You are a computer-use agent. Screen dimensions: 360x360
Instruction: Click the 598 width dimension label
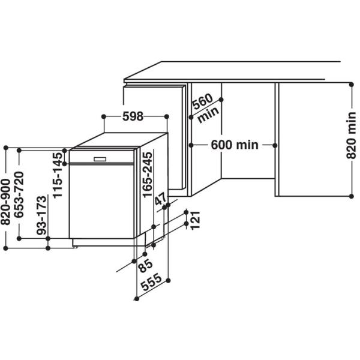pyautogui.click(x=133, y=117)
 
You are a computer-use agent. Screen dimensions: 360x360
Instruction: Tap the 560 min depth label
pyautogui.click(x=203, y=109)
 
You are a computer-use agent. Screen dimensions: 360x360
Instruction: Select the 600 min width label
pyautogui.click(x=234, y=145)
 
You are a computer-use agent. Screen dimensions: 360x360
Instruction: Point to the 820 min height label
pyautogui.click(x=352, y=139)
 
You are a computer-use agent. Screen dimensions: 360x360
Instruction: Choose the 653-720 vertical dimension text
pyautogui.click(x=20, y=197)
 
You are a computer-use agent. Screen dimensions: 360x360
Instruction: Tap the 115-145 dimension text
pyautogui.click(x=58, y=175)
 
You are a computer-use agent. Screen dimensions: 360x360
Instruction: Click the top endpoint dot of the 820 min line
pyautogui.click(x=352, y=83)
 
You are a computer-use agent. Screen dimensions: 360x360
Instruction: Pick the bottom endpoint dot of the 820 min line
pyautogui.click(x=352, y=195)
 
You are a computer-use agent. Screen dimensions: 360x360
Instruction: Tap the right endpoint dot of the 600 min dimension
pyautogui.click(x=275, y=145)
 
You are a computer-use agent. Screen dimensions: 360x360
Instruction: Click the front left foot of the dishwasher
pyautogui.click(x=74, y=244)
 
